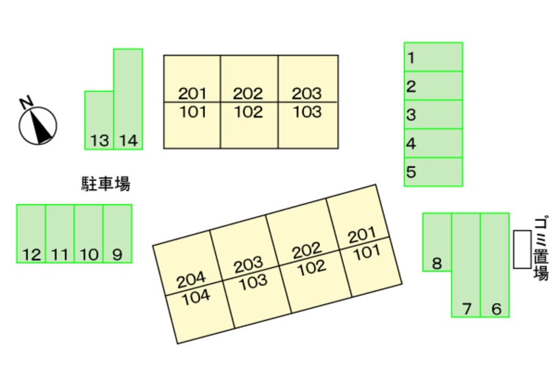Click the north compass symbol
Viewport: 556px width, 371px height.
pos(37,124)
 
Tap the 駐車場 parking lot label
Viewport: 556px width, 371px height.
pos(106,184)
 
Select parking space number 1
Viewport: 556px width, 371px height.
pos(433,57)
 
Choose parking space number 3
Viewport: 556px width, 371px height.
pos(433,114)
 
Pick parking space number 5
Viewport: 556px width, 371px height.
pos(433,172)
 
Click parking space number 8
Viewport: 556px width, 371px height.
pos(437,242)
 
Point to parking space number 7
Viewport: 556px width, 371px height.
pos(466,265)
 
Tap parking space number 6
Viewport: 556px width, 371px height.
pos(495,265)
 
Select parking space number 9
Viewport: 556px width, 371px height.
pos(118,234)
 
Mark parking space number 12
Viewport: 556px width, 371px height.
pos(31,234)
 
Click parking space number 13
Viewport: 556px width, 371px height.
pos(99,120)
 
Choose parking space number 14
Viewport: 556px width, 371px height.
pos(128,99)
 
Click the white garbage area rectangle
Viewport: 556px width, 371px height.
pos(522,249)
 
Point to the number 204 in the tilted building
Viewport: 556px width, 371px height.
pos(191,280)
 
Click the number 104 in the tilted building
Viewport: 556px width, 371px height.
pos(196,297)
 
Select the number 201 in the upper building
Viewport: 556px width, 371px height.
pos(192,93)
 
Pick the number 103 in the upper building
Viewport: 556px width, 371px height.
pos(307,112)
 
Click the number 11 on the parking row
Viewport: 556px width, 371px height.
pos(60,255)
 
